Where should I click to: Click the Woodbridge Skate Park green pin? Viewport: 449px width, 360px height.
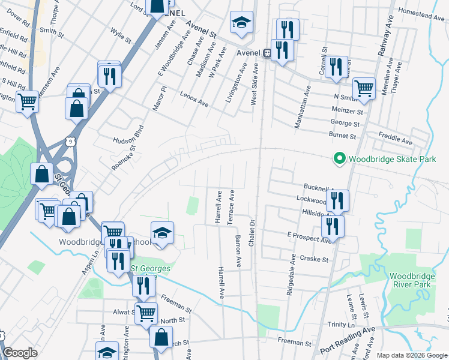(x=339, y=159)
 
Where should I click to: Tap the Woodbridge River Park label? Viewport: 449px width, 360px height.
(x=408, y=280)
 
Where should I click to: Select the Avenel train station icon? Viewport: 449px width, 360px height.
(x=267, y=52)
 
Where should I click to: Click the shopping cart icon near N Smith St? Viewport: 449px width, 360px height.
(x=364, y=89)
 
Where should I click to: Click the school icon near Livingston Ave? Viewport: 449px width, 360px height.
(x=241, y=23)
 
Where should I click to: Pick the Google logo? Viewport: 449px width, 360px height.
(x=20, y=352)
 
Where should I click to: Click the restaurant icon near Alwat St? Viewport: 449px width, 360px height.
(x=143, y=285)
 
